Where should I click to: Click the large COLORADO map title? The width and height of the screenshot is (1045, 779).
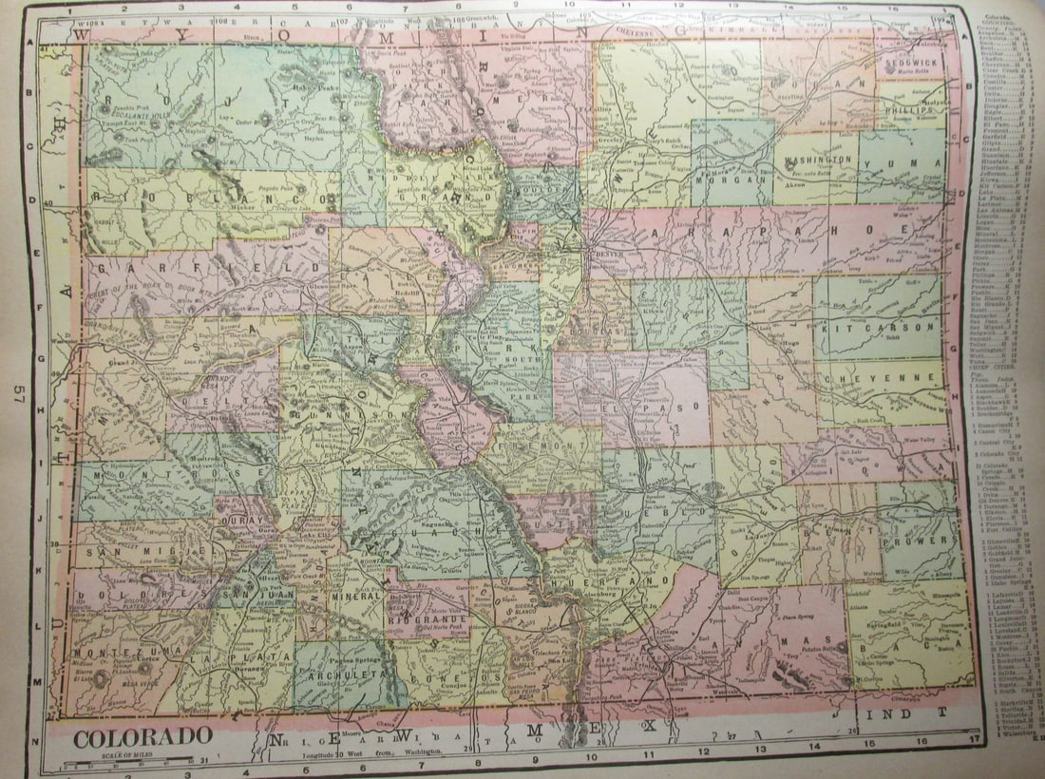pos(142,736)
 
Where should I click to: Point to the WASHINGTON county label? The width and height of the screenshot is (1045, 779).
pos(819,161)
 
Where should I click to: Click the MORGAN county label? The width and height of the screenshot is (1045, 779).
pos(730,178)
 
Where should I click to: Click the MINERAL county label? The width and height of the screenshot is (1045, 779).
pos(356,596)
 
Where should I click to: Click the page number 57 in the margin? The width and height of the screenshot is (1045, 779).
pos(17,394)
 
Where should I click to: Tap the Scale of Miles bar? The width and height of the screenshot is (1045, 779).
pos(133,763)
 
